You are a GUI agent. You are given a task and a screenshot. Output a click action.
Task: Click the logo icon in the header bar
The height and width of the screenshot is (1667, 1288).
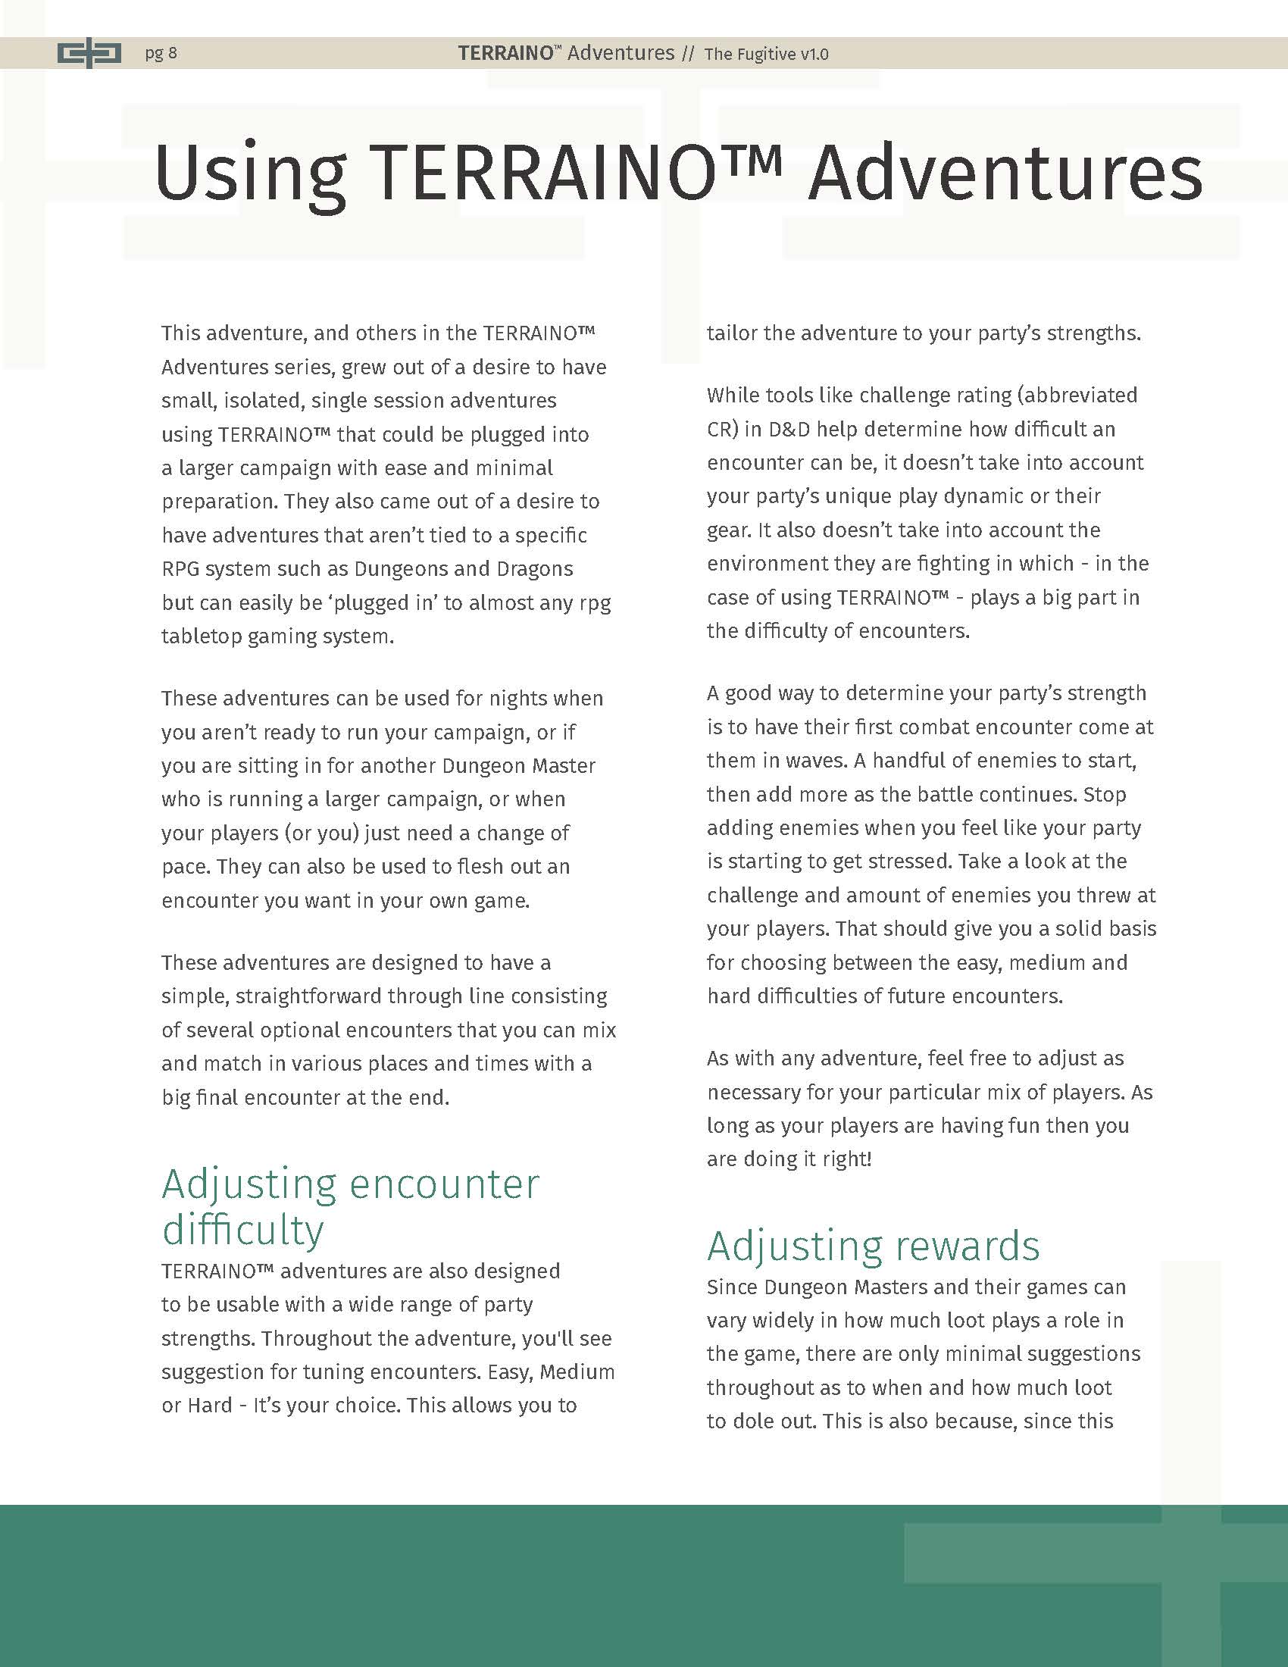[89, 54]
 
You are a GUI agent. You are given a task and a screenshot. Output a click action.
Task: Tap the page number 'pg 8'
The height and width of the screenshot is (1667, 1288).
[161, 54]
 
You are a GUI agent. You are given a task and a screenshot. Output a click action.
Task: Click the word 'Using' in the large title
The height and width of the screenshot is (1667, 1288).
[250, 174]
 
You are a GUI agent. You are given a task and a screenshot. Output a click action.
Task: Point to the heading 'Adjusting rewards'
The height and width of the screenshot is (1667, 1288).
[873, 1246]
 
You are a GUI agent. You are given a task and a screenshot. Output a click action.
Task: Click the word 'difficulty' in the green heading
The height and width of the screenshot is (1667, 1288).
[242, 1230]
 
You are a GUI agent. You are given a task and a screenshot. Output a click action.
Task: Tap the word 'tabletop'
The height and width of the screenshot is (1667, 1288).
[201, 636]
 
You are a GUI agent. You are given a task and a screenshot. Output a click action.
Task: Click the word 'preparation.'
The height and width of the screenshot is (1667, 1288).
[212, 502]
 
